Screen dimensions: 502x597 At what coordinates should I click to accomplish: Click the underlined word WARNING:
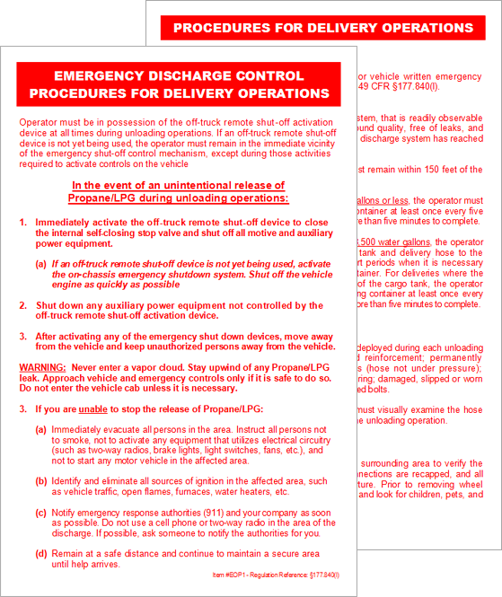point(41,368)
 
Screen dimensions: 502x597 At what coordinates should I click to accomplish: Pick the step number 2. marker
point(24,305)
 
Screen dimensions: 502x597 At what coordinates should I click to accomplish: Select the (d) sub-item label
point(41,553)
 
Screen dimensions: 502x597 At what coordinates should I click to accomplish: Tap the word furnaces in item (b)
point(202,492)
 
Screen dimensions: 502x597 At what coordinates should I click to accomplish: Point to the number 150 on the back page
point(441,170)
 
